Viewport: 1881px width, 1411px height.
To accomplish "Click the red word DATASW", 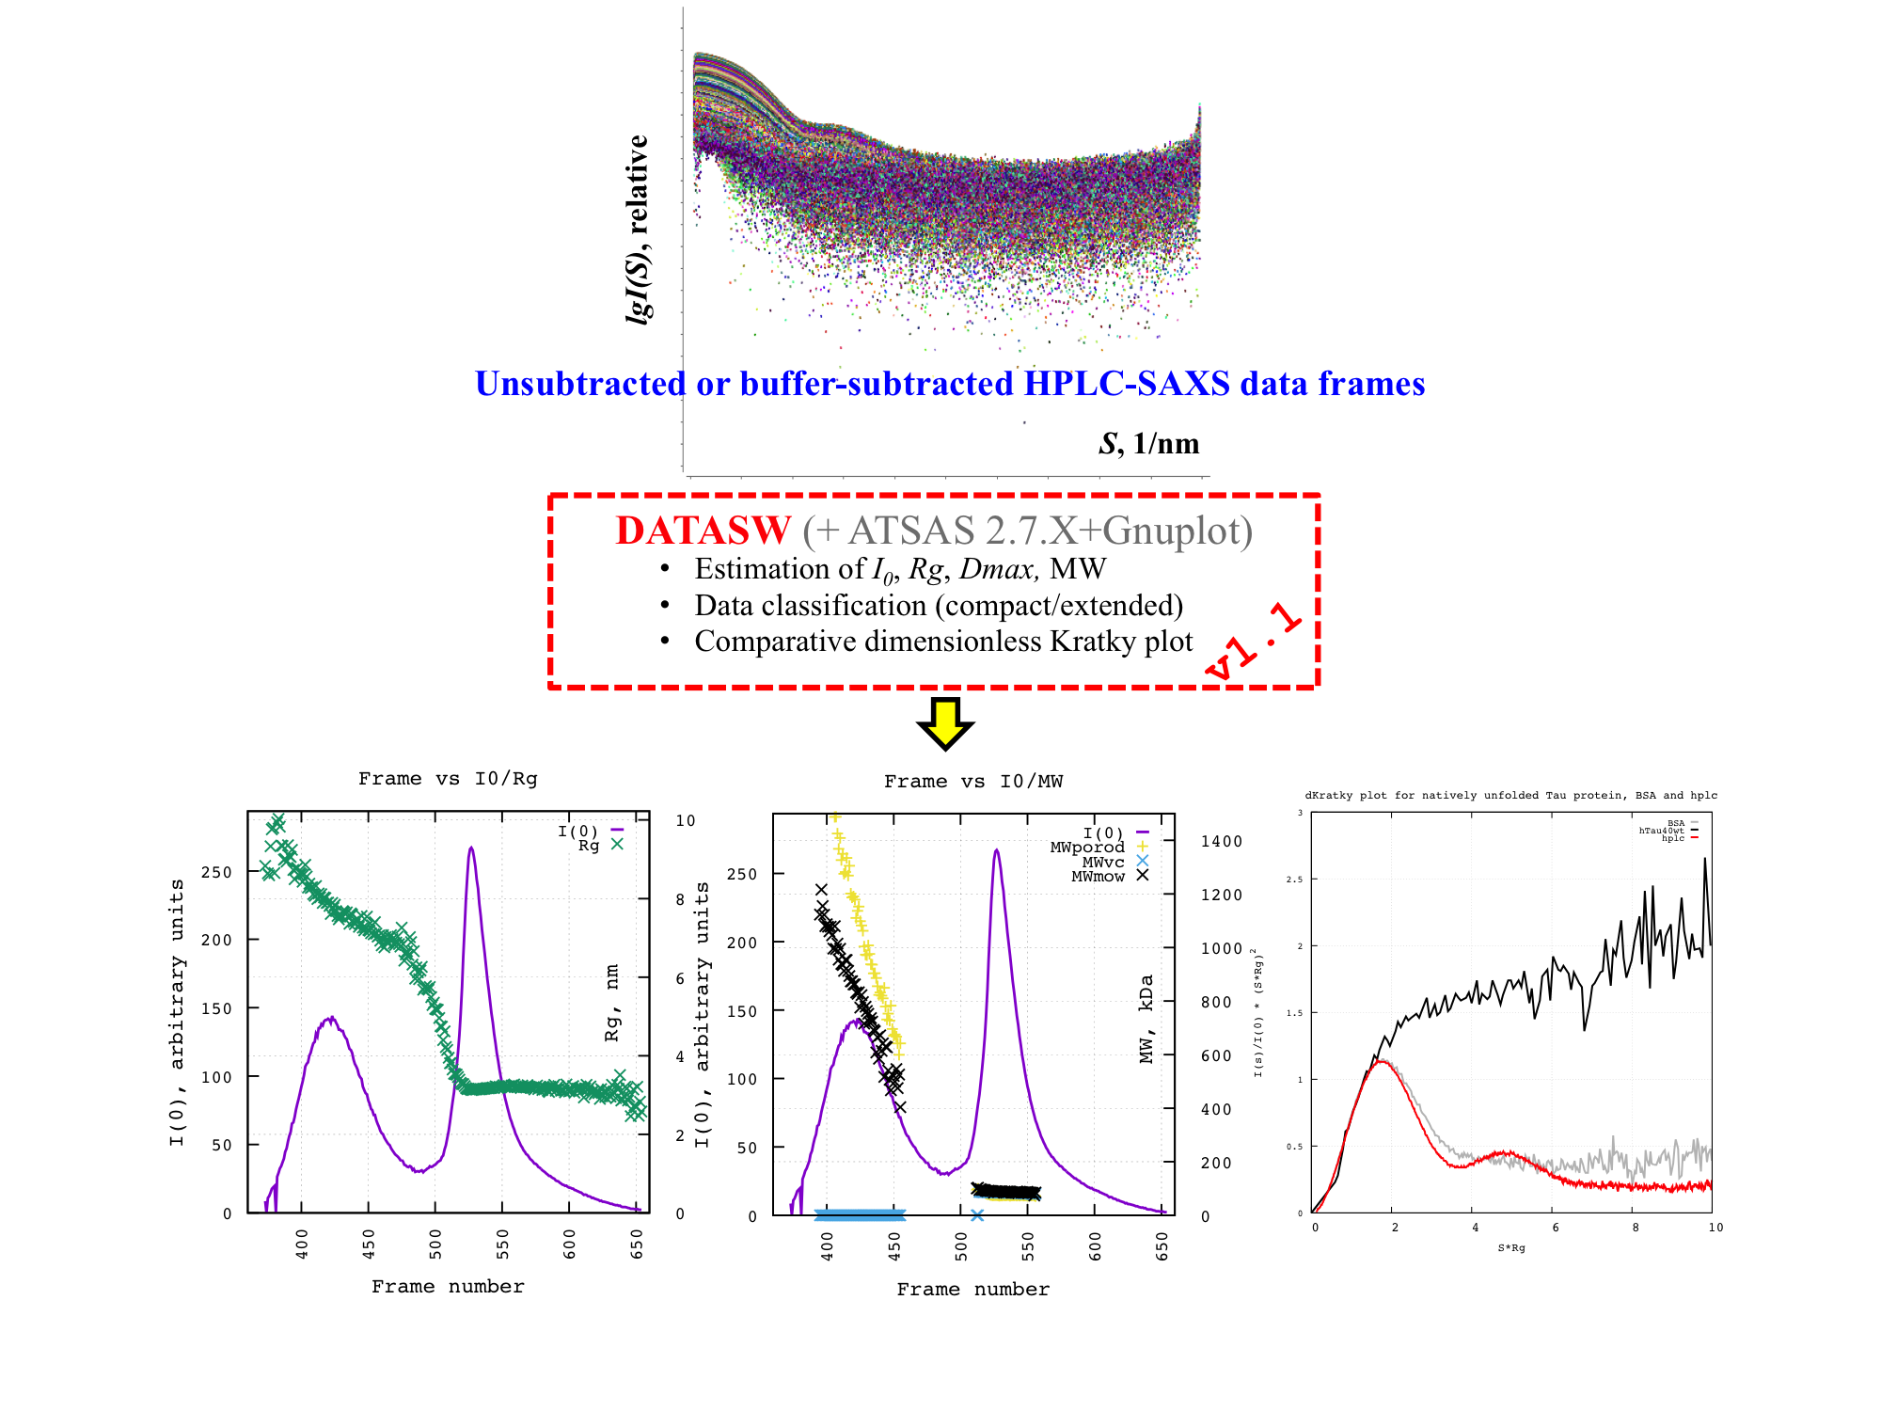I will pyautogui.click(x=703, y=531).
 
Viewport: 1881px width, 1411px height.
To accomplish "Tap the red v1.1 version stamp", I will pyautogui.click(x=1254, y=642).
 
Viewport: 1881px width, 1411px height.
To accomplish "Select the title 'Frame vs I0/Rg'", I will pyautogui.click(x=448, y=778).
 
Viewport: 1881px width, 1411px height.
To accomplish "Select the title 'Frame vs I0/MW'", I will pyautogui.click(x=972, y=781).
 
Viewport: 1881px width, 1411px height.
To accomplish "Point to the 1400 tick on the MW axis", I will pyautogui.click(x=1221, y=841).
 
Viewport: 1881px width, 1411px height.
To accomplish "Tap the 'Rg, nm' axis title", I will pyautogui.click(x=612, y=1003).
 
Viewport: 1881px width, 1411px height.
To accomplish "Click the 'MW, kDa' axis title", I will pyautogui.click(x=1146, y=1019).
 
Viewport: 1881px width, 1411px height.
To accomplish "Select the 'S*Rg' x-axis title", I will pyautogui.click(x=1511, y=1247).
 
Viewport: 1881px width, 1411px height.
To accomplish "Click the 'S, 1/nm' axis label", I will pyautogui.click(x=1148, y=443).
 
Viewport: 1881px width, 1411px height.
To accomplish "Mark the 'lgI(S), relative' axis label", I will pyautogui.click(x=638, y=230).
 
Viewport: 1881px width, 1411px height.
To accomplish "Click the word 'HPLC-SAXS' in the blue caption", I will pyautogui.click(x=1126, y=384).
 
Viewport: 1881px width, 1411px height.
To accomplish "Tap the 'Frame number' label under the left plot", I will pyautogui.click(x=448, y=1286).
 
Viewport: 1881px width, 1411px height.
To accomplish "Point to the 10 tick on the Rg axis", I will pyautogui.click(x=685, y=820).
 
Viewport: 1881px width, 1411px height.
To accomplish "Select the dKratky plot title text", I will pyautogui.click(x=1510, y=795).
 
